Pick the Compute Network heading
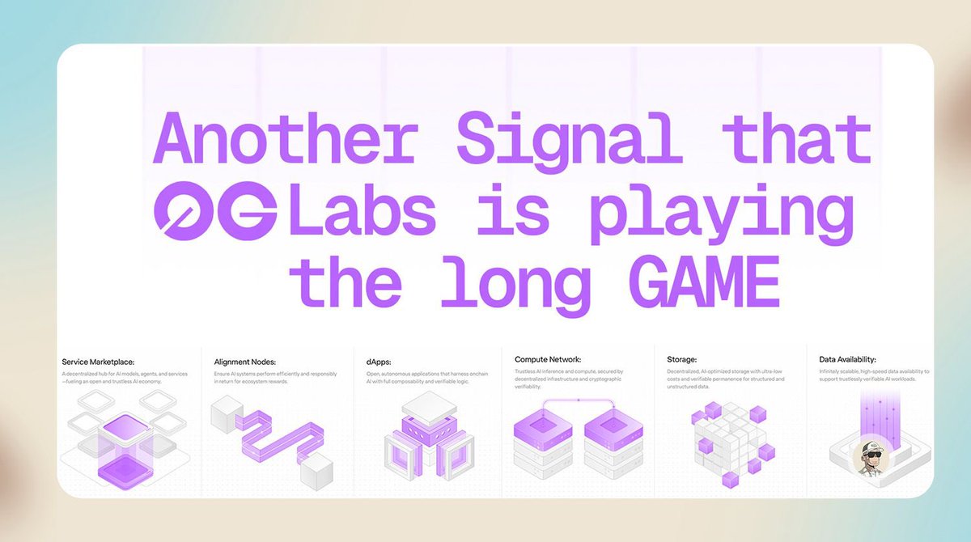tap(548, 358)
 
